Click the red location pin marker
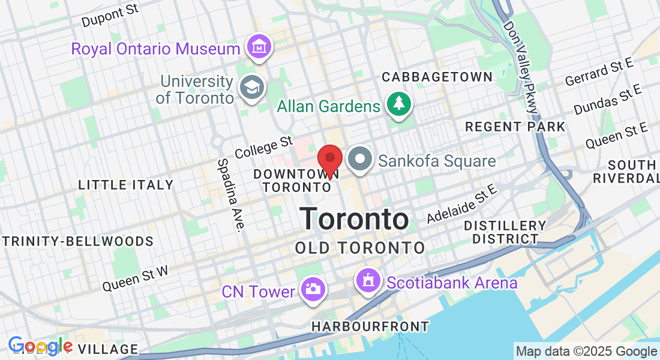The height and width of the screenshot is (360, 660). (329, 160)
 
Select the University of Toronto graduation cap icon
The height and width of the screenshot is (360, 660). (252, 88)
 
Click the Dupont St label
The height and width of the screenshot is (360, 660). (110, 17)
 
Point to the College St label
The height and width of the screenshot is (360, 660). (263, 148)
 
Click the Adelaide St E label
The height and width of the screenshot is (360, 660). (462, 204)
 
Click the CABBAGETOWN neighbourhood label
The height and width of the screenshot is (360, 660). (437, 77)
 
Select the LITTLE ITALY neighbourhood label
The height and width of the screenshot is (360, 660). (125, 185)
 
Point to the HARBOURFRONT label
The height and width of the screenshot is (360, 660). (370, 327)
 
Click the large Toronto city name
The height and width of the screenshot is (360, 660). (355, 219)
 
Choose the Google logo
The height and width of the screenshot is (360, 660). (40, 346)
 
